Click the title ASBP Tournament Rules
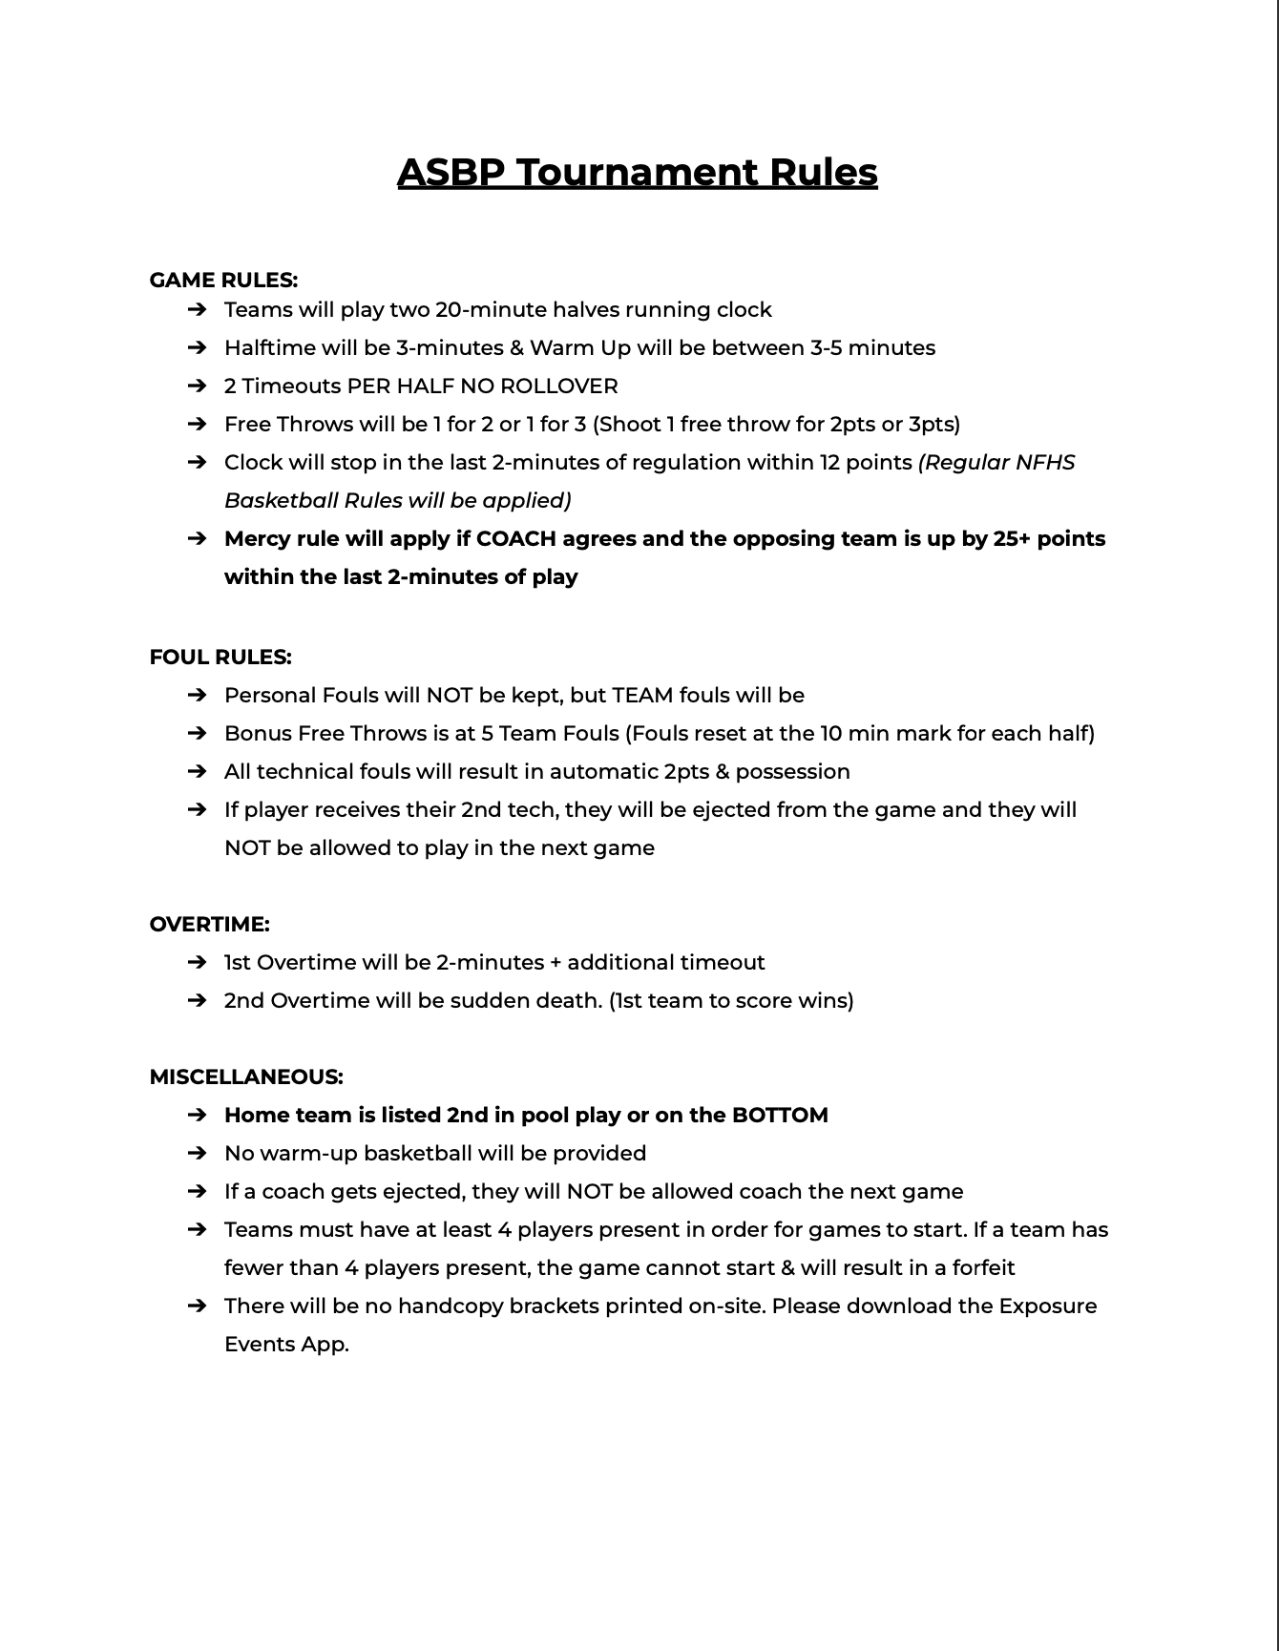point(637,173)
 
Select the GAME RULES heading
point(223,280)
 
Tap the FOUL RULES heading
point(220,657)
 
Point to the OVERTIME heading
point(209,924)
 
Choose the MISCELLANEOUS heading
point(246,1076)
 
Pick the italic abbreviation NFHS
point(1045,462)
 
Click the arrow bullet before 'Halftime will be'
point(198,347)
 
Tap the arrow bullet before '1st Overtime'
point(198,962)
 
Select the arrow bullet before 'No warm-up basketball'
point(198,1153)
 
